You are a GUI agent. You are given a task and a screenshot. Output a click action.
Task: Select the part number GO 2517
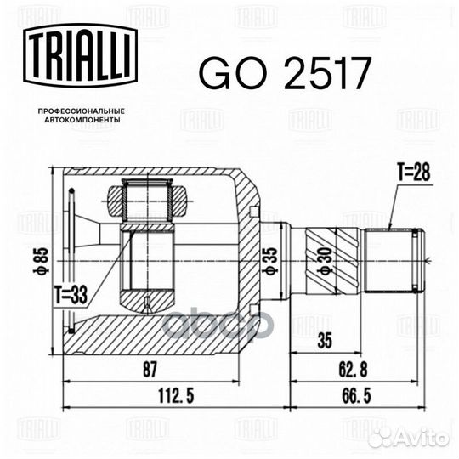coord(284,75)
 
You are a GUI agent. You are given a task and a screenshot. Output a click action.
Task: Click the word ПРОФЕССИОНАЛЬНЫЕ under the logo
coord(82,111)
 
